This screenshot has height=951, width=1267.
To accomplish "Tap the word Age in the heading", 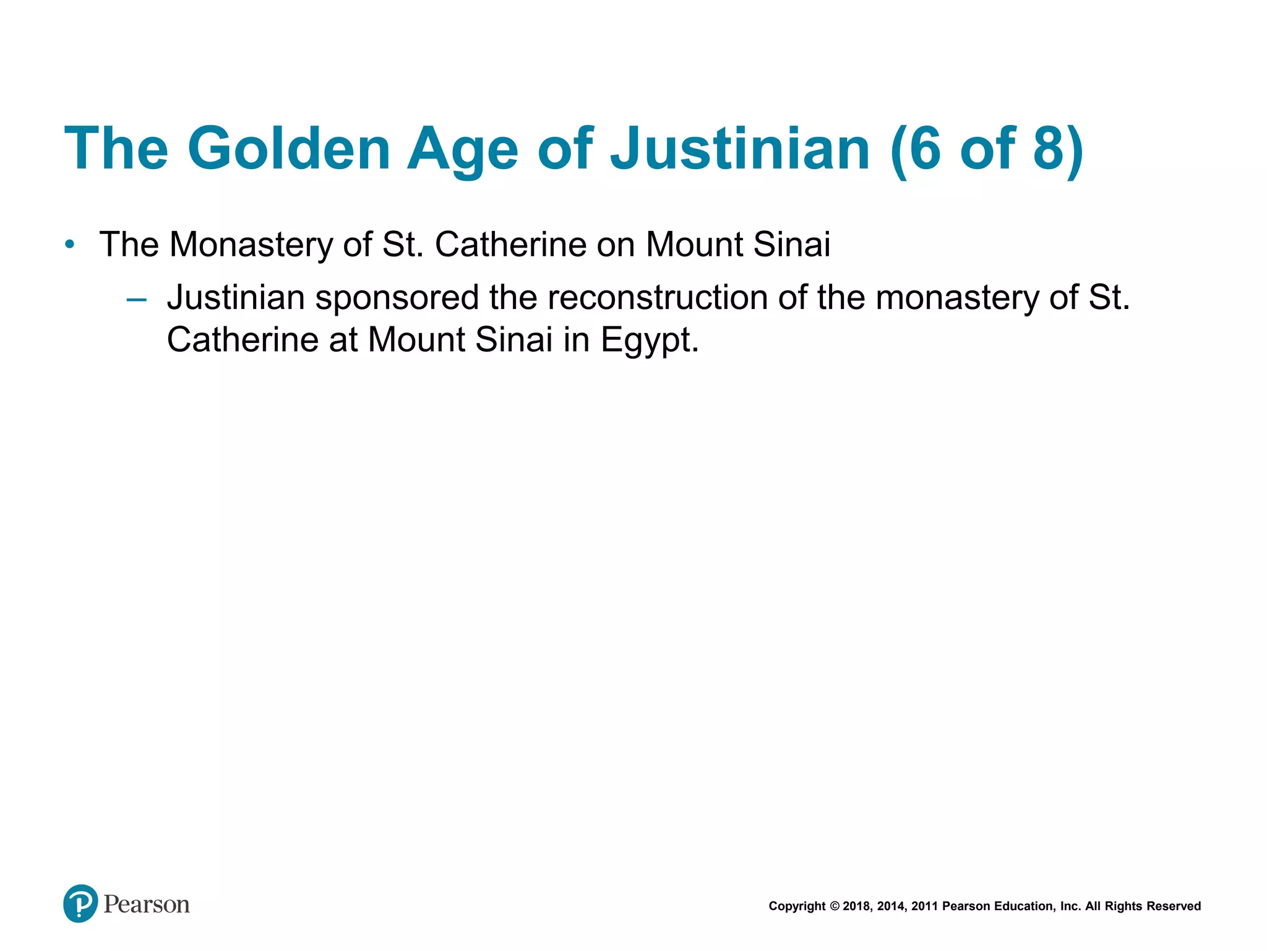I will coord(462,150).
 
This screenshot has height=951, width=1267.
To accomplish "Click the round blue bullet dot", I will coord(70,245).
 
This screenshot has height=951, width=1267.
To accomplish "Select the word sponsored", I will coord(397,298).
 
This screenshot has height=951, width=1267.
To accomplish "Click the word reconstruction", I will coord(658,297).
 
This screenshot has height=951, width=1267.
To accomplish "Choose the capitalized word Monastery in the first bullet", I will coord(251,245).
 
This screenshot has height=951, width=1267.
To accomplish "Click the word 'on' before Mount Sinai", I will coord(616,245).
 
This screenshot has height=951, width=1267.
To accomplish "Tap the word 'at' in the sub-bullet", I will coord(343,340).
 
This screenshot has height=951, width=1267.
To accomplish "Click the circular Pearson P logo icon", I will coord(80,903).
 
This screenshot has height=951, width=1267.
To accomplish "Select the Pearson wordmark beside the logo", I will coord(147,905).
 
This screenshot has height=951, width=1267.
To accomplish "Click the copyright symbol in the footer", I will coord(835,906).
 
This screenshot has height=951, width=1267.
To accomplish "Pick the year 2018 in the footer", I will coord(857,906).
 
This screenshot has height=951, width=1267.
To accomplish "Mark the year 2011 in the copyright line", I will coord(925,906).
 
